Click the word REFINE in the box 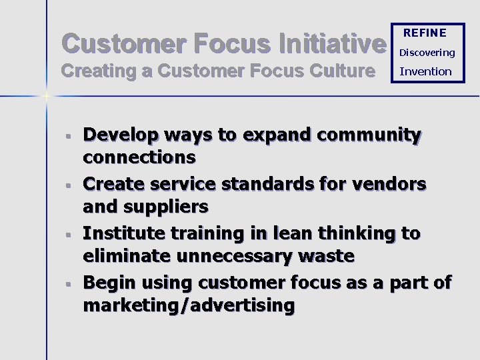425,33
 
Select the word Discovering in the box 427,52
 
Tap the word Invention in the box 425,71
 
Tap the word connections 139,157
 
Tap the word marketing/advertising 189,305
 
